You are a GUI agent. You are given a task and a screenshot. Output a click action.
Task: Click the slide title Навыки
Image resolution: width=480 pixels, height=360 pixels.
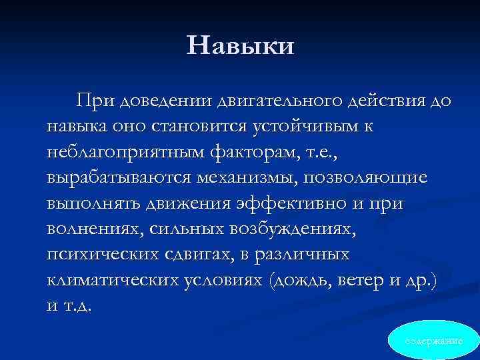point(240,46)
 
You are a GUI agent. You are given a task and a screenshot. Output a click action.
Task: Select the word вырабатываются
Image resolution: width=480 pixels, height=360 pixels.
point(117,178)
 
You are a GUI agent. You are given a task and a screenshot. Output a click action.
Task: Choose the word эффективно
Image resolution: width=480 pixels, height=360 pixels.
point(304,204)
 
